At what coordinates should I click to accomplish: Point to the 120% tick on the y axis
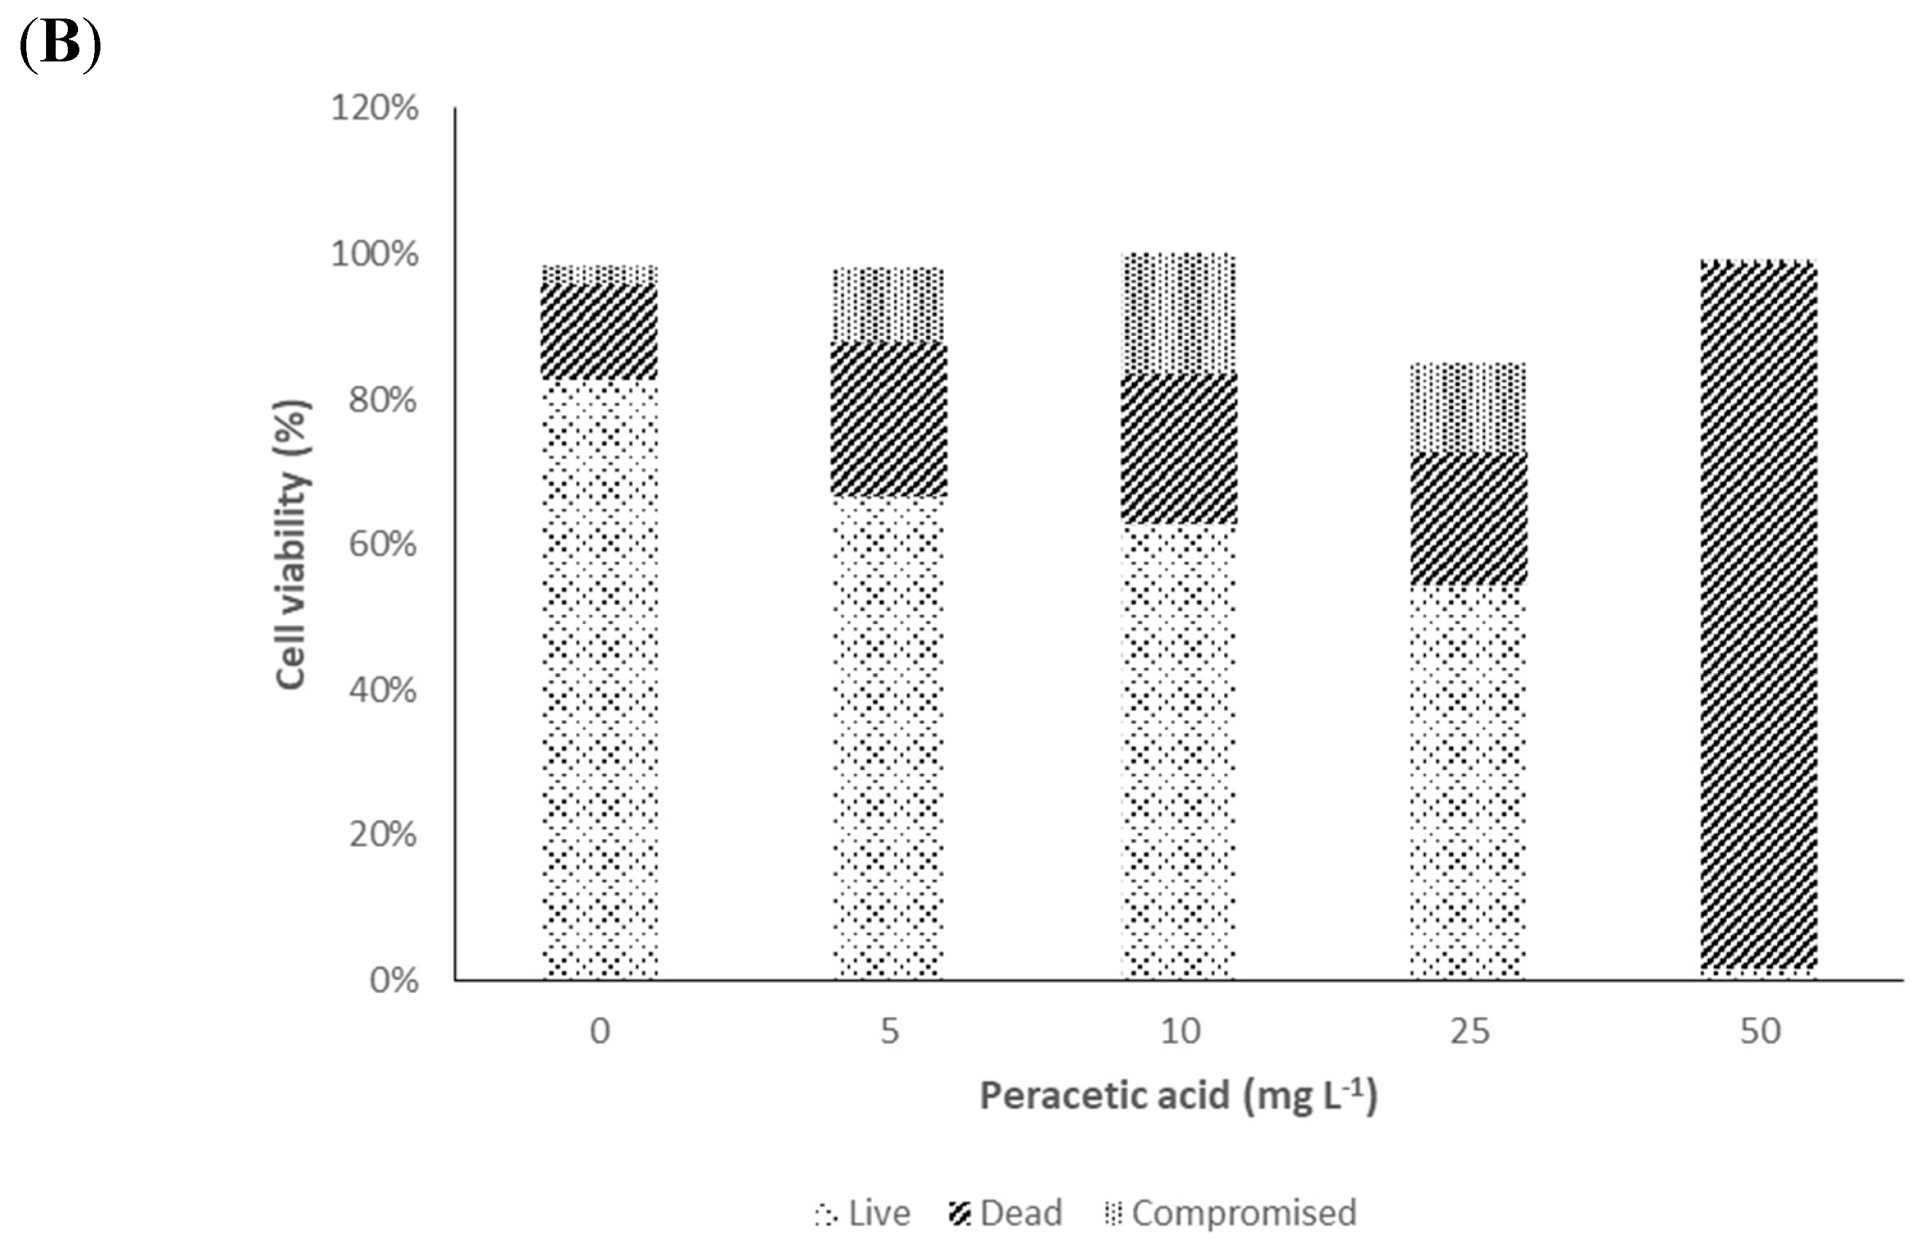374,108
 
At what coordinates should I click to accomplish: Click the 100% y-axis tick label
374,255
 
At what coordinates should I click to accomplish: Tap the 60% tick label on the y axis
382,545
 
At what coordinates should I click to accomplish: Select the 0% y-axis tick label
394,981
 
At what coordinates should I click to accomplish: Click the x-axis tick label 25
1470,1032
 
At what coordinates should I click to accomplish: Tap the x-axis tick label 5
889,1032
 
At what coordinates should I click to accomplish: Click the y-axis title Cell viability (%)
292,545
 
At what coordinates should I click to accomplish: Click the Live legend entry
863,1213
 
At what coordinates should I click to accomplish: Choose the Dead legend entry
1007,1213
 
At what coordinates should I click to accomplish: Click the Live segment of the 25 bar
1468,782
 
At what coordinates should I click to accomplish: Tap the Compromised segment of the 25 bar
1468,408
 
